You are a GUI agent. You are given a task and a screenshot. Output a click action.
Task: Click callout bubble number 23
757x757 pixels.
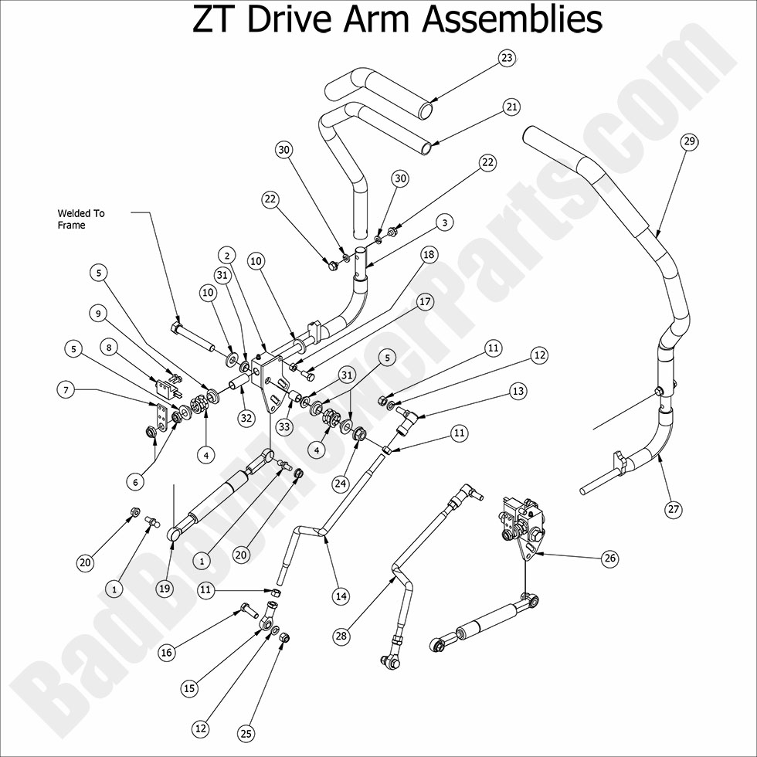click(x=507, y=58)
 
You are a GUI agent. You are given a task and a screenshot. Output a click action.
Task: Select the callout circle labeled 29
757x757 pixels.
click(x=689, y=141)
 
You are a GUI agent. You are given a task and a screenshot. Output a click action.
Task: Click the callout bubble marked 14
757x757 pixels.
click(x=341, y=596)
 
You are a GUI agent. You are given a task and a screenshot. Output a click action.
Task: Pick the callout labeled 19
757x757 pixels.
click(x=164, y=589)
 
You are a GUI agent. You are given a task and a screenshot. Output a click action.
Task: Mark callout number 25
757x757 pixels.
click(x=246, y=733)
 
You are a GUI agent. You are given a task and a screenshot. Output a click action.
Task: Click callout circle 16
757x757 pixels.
click(x=167, y=653)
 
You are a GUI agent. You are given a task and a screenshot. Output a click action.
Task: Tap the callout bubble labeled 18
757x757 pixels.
click(x=429, y=254)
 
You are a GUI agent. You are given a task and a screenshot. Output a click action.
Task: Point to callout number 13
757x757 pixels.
click(x=518, y=392)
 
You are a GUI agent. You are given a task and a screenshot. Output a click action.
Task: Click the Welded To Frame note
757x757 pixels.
click(x=80, y=219)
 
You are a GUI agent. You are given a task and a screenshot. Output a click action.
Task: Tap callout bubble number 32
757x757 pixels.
click(x=246, y=418)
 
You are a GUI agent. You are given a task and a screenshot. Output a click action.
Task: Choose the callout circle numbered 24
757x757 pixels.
click(x=341, y=484)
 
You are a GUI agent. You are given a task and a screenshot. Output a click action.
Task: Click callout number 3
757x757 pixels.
click(x=443, y=222)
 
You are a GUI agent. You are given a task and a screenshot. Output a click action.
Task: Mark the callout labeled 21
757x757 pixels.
click(x=511, y=107)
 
